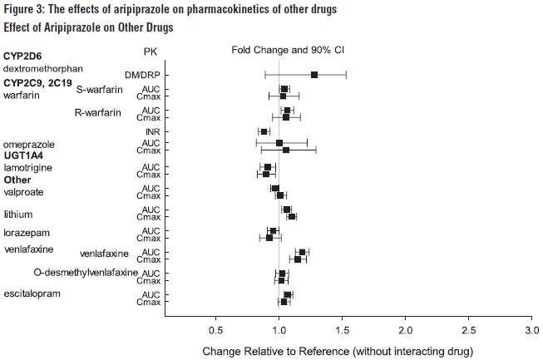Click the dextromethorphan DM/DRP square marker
pyautogui.click(x=314, y=75)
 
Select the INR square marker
pyautogui.click(x=264, y=131)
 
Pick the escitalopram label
pyautogui.click(x=29, y=293)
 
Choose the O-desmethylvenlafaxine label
pyautogui.click(x=86, y=273)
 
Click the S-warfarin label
pyautogui.click(x=99, y=90)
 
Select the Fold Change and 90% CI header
pyautogui.click(x=288, y=51)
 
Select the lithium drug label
pyautogui.click(x=18, y=214)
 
